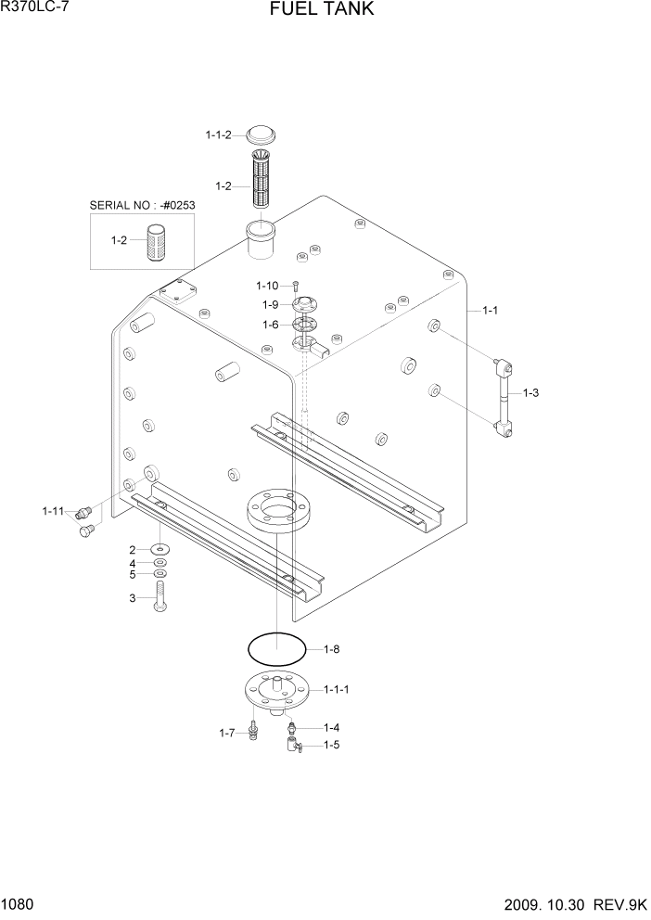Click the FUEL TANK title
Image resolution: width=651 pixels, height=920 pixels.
pos(322,11)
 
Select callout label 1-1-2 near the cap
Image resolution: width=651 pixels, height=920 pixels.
pos(219,135)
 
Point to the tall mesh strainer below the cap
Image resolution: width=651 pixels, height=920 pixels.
pos(261,181)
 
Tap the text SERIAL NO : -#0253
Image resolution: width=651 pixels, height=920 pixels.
pos(142,205)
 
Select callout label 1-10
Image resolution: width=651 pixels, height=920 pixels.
pos(267,285)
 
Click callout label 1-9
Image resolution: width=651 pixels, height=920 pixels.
pos(270,304)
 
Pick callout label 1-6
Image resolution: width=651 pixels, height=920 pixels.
pos(270,325)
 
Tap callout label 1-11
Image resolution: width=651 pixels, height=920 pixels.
pos(53,510)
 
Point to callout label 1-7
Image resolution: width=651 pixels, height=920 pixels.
pos(226,734)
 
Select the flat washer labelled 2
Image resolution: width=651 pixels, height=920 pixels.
pos(160,550)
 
